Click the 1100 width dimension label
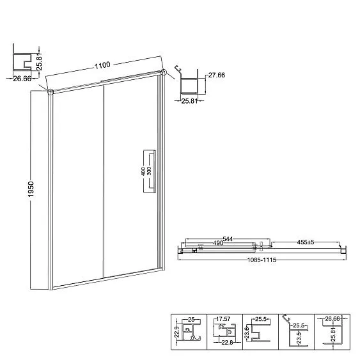[103, 65]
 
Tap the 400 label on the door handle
[145, 171]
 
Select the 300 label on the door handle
[150, 171]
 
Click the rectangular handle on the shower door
[148, 171]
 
